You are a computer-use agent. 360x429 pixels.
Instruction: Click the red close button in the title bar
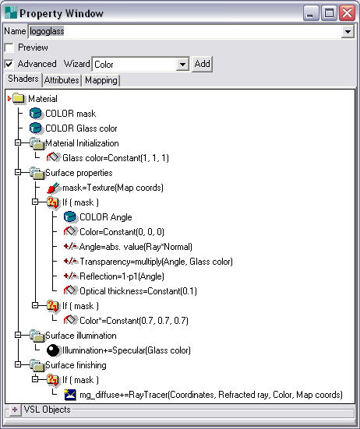(x=347, y=13)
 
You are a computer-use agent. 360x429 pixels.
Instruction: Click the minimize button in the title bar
(x=311, y=13)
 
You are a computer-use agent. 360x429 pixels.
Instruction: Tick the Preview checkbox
(x=9, y=47)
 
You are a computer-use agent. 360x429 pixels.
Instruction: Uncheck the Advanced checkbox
(x=9, y=65)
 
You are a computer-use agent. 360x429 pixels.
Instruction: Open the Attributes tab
(x=62, y=80)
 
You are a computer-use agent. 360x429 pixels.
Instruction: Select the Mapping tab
(x=101, y=80)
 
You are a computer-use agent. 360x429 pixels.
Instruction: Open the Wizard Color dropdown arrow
(x=182, y=65)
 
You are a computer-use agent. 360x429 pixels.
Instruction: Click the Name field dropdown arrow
(x=348, y=32)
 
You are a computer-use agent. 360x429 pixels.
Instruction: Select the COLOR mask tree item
(x=71, y=114)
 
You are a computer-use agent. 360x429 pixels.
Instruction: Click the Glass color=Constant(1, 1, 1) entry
(x=115, y=158)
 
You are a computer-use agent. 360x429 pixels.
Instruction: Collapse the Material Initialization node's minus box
(x=18, y=142)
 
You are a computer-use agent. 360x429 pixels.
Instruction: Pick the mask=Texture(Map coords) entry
(x=113, y=188)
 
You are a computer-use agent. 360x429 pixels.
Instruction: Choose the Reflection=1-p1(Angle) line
(x=122, y=276)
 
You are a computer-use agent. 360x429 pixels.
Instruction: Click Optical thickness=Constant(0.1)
(x=138, y=291)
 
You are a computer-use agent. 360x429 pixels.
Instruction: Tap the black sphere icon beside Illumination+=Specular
(x=53, y=350)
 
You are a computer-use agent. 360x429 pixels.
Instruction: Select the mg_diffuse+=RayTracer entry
(x=211, y=395)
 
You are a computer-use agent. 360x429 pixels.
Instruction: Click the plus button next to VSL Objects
(x=15, y=410)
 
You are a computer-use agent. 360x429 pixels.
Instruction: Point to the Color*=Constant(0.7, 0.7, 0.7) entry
(x=134, y=321)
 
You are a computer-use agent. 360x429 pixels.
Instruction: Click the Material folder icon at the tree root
(x=19, y=99)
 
